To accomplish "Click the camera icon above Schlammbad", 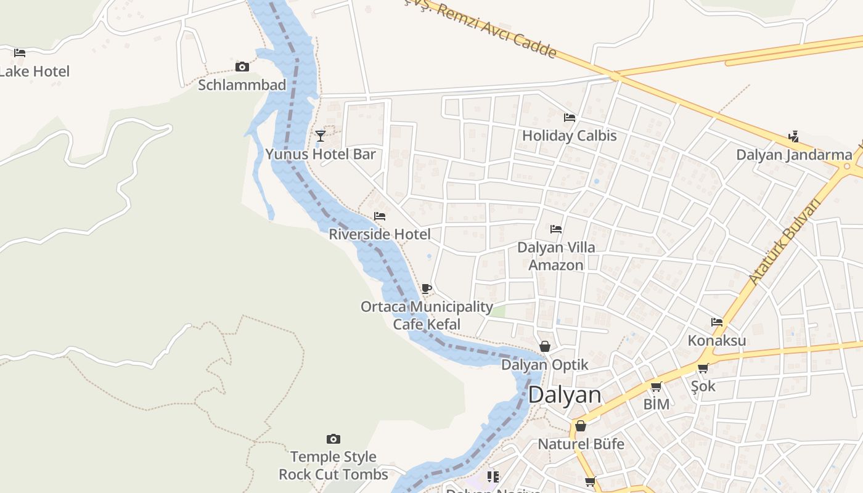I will point(242,67).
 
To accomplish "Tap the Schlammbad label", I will point(242,85).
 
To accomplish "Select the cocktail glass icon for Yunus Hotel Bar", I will point(320,136).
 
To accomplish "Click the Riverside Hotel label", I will point(380,234).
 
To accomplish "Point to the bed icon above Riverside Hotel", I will point(380,216).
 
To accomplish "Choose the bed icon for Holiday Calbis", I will point(570,117).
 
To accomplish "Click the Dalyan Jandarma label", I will point(794,155).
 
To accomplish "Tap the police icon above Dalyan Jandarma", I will point(794,136).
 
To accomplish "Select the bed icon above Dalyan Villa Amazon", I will point(556,229).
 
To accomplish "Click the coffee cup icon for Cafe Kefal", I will point(426,288).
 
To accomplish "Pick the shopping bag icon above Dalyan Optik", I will point(545,346).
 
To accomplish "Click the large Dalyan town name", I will point(565,395).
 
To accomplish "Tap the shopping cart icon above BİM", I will point(656,387).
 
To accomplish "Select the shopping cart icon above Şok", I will point(703,369).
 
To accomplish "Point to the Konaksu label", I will point(717,340).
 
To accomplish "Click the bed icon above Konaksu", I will point(717,322).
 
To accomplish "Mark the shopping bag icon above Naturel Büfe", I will point(581,426).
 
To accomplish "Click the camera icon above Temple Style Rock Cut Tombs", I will point(333,439).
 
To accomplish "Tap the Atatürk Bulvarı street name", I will point(786,242).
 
